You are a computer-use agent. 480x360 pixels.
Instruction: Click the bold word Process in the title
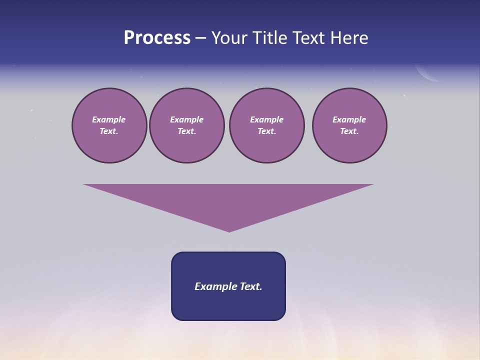click(157, 38)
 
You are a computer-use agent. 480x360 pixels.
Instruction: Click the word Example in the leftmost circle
click(109, 119)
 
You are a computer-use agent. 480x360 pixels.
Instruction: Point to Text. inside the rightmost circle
click(349, 131)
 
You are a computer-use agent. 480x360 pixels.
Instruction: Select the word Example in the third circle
click(266, 119)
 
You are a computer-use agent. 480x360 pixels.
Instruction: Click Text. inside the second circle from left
click(186, 131)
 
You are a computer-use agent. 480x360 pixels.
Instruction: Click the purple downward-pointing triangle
click(228, 200)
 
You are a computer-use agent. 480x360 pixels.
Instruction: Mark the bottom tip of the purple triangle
click(229, 231)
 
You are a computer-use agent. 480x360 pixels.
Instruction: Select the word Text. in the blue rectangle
click(251, 286)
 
